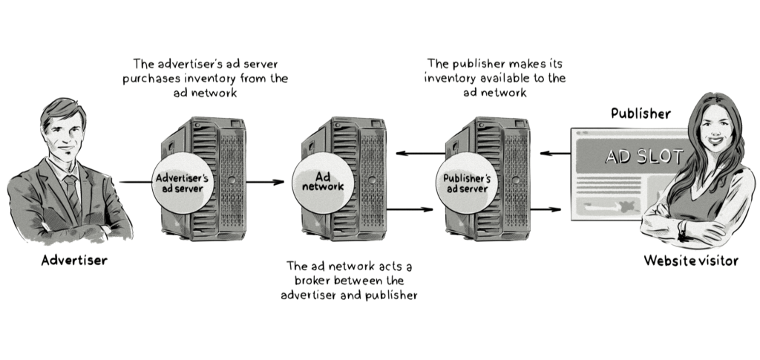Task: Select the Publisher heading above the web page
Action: coord(641,114)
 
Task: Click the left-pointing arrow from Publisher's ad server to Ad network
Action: coord(416,154)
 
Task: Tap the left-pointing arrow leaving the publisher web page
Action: coord(554,154)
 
